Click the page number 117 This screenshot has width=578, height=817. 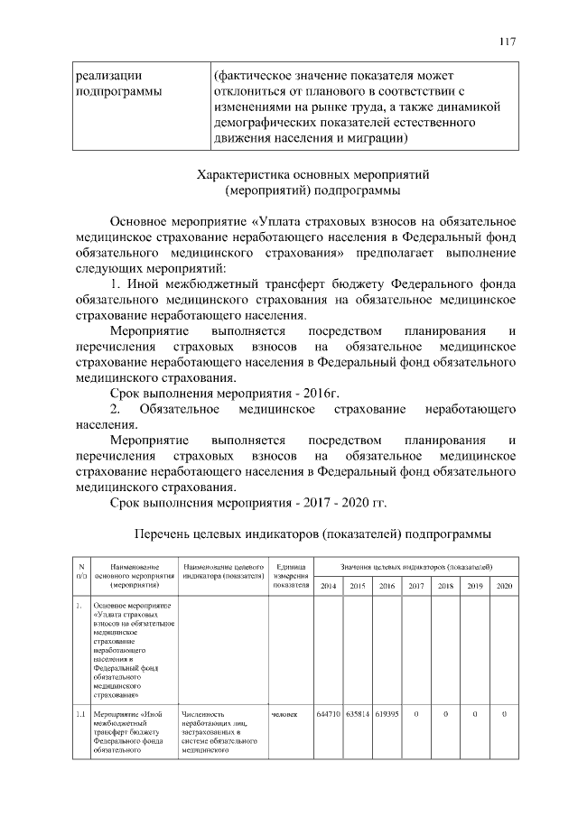click(507, 42)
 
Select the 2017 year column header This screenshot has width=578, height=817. click(415, 586)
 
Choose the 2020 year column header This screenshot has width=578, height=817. click(504, 586)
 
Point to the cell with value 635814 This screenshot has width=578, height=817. click(357, 715)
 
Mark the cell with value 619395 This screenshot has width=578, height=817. click(386, 715)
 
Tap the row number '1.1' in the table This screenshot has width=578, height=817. click(79, 715)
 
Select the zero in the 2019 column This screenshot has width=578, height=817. click(474, 715)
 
